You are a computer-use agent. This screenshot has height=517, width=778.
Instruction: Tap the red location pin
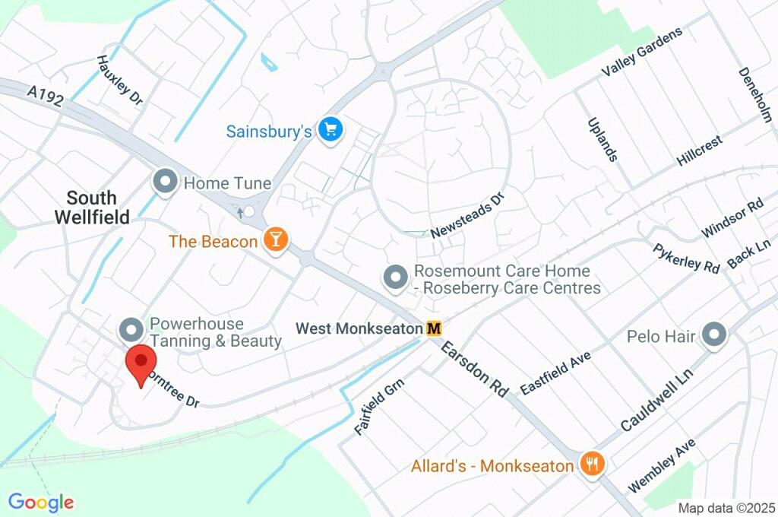point(140,366)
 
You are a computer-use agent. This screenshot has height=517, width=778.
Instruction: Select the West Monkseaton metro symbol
point(434,328)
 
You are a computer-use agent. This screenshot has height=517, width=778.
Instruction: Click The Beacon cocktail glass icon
point(275,240)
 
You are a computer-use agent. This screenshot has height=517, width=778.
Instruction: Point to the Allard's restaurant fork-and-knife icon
point(591,462)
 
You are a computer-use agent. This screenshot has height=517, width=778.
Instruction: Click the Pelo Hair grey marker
point(714,334)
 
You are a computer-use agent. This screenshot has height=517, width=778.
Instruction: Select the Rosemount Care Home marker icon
point(395,278)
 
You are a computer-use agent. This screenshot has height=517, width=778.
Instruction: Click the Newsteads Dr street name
point(467,216)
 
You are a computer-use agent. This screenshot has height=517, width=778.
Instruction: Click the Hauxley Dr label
point(120,79)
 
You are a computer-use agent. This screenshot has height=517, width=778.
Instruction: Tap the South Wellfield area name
point(91,207)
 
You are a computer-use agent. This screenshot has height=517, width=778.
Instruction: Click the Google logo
point(41,502)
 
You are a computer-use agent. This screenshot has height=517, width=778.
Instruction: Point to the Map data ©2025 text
point(726,508)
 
